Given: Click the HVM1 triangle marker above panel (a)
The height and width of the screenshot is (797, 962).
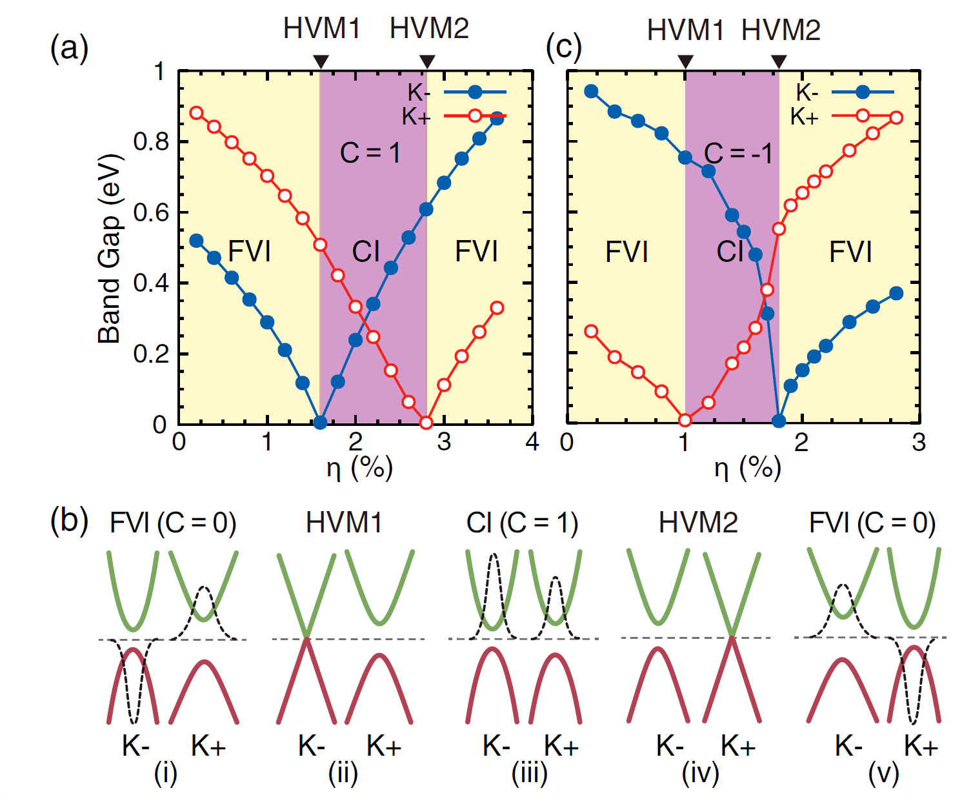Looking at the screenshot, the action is [321, 62].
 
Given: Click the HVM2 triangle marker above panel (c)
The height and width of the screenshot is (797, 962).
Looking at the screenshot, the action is [779, 62].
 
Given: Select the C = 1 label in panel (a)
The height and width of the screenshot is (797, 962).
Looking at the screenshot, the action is [370, 153].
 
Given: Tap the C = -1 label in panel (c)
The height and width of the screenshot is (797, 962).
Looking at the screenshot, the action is [738, 153].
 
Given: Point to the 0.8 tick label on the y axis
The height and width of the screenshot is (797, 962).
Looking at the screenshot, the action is [151, 141].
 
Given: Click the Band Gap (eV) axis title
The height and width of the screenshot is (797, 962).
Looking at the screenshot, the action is [110, 249].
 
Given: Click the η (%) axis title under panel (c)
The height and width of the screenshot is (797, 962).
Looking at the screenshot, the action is [747, 469].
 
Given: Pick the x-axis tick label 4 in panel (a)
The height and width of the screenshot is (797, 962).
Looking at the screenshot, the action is [532, 441].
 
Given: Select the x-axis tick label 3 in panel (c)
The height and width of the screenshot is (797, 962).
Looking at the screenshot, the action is [919, 442].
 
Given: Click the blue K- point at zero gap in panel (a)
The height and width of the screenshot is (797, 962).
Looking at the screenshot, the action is [320, 422].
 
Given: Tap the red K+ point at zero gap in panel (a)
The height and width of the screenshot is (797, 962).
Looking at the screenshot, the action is [426, 422].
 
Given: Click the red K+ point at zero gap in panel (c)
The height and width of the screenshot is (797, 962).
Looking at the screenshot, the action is [685, 420].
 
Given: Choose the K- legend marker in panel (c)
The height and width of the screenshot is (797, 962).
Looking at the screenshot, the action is [862, 92].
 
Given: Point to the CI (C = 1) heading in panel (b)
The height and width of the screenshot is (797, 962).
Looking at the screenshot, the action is [522, 523].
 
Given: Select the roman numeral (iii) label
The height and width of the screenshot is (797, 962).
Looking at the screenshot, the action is [530, 774].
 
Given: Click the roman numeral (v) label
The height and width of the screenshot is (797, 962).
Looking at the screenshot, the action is [884, 774].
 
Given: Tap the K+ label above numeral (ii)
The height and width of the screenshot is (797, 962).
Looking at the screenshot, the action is [384, 746].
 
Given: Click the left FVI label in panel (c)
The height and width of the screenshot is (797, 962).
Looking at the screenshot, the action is [626, 252].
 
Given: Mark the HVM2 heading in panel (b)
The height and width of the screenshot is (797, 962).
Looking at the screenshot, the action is [698, 523].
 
